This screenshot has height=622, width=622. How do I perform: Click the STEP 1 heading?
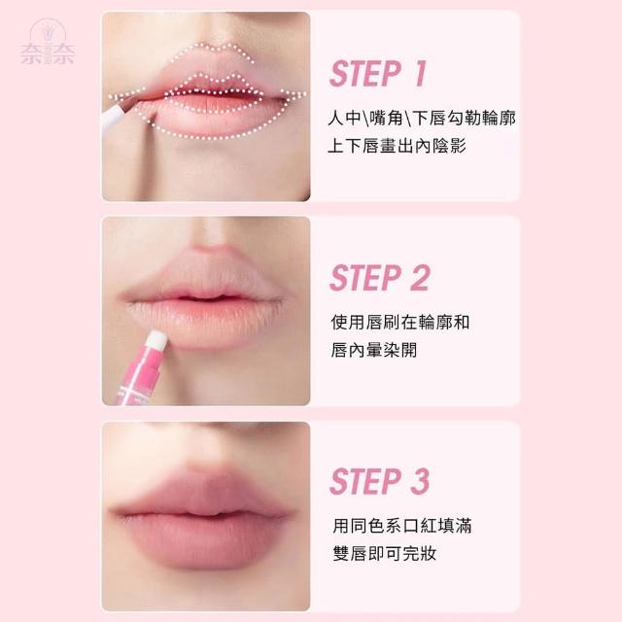point(378,74)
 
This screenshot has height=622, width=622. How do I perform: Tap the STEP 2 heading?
point(380,278)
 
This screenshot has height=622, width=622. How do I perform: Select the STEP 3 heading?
point(380,482)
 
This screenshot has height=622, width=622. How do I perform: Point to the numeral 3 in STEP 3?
point(420,482)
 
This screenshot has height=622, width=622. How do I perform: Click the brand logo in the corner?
point(48,42)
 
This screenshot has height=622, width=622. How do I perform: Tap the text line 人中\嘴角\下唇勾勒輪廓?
point(422,119)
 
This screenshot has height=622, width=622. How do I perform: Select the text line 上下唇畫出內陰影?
point(397,146)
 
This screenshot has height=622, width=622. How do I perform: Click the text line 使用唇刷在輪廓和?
point(400,322)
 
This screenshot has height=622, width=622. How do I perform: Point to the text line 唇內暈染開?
point(374,350)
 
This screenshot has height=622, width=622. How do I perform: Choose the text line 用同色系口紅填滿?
point(402,526)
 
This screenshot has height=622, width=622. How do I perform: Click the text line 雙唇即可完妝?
point(385,553)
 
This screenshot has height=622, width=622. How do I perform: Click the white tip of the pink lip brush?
point(156,339)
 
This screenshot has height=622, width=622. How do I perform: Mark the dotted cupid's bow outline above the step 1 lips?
point(213,51)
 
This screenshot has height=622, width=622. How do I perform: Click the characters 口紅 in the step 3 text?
point(420,526)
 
